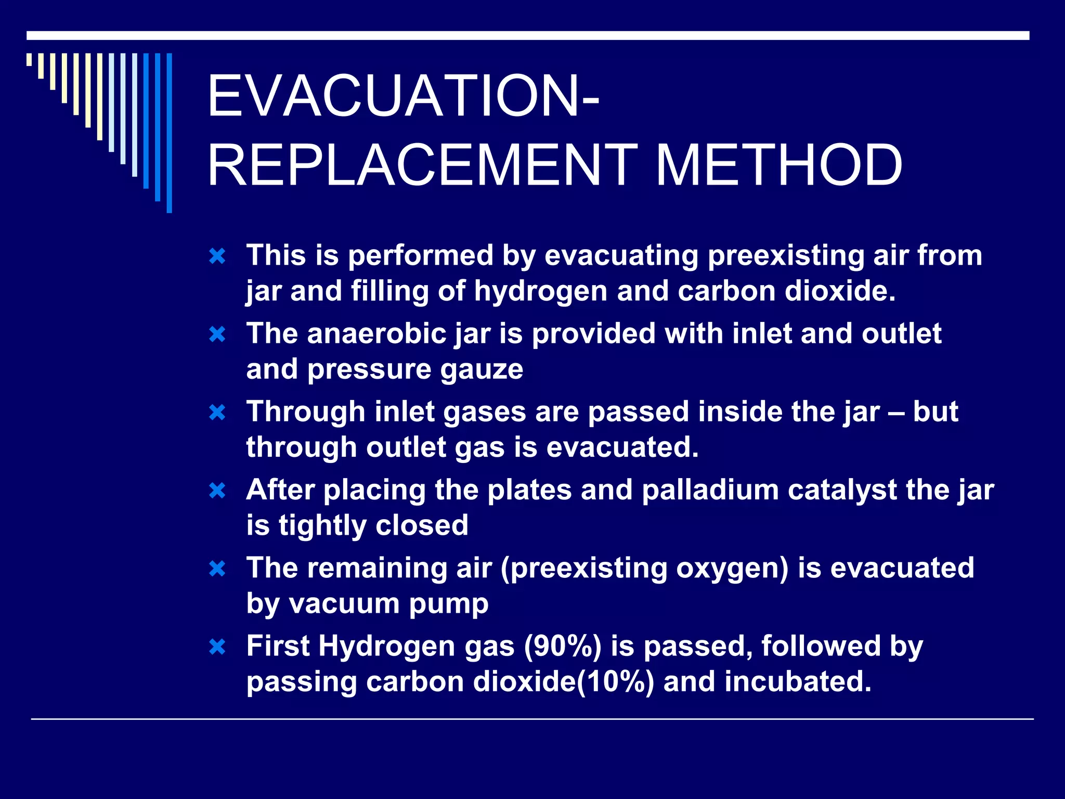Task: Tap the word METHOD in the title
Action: pyautogui.click(x=778, y=165)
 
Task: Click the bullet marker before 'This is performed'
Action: pyautogui.click(x=217, y=256)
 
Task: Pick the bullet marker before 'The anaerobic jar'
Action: pyautogui.click(x=217, y=334)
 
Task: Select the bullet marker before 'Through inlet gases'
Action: pyautogui.click(x=217, y=413)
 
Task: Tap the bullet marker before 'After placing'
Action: pyautogui.click(x=217, y=491)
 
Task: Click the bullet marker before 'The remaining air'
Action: pyautogui.click(x=217, y=569)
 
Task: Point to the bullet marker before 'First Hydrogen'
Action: pyautogui.click(x=217, y=647)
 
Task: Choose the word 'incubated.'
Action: pyautogui.click(x=798, y=682)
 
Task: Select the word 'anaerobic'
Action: pyautogui.click(x=376, y=334)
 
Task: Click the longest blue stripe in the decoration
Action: pyautogui.click(x=169, y=133)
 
